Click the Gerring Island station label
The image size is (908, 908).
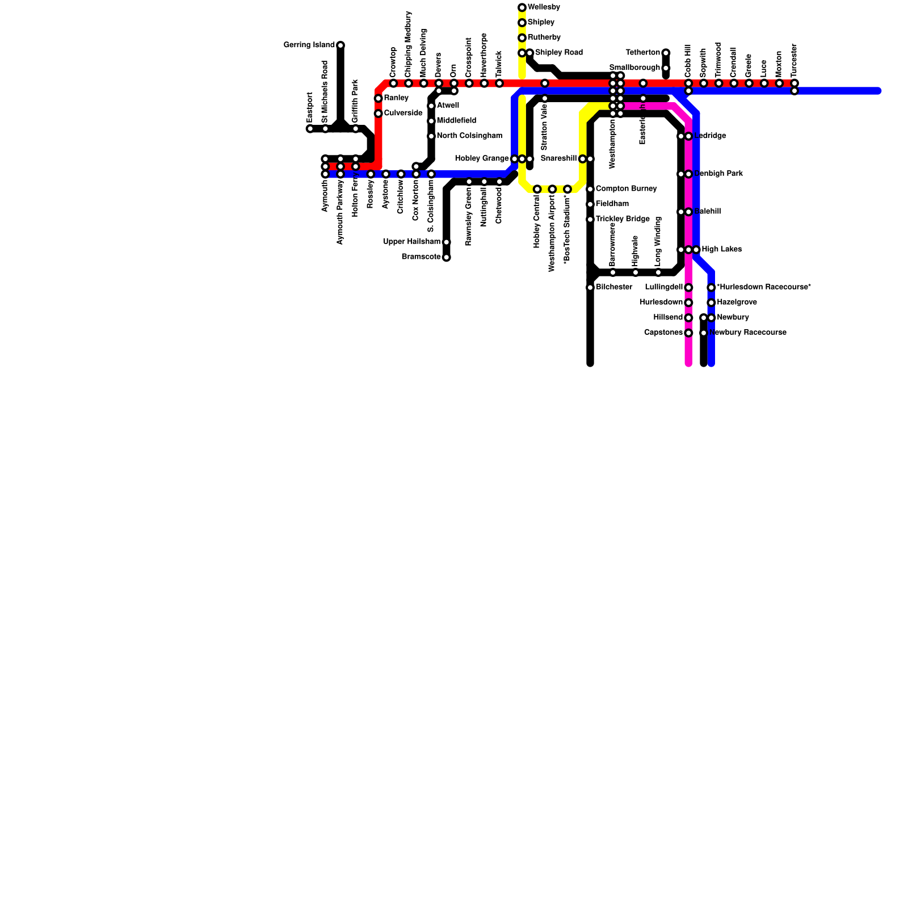(x=309, y=45)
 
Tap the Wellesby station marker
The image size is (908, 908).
(x=522, y=7)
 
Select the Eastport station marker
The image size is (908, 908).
(x=310, y=129)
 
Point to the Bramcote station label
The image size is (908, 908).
(x=421, y=257)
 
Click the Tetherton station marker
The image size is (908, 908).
(x=666, y=53)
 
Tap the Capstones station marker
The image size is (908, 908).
(x=688, y=333)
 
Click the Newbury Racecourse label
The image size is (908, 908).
(x=748, y=333)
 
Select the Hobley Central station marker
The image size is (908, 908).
(x=537, y=189)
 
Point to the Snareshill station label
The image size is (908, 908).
(x=558, y=158)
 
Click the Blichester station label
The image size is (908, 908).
(x=614, y=287)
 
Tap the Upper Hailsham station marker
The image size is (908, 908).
(x=447, y=242)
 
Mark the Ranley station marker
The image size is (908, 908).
(x=379, y=99)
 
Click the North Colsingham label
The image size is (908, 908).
(x=469, y=136)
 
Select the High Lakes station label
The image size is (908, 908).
(x=721, y=250)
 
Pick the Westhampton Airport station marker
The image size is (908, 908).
(x=552, y=189)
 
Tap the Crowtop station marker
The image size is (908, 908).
(x=393, y=83)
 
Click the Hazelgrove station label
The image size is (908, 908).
(x=737, y=302)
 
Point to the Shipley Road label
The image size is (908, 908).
(x=558, y=53)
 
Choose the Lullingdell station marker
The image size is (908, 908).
(x=688, y=288)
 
